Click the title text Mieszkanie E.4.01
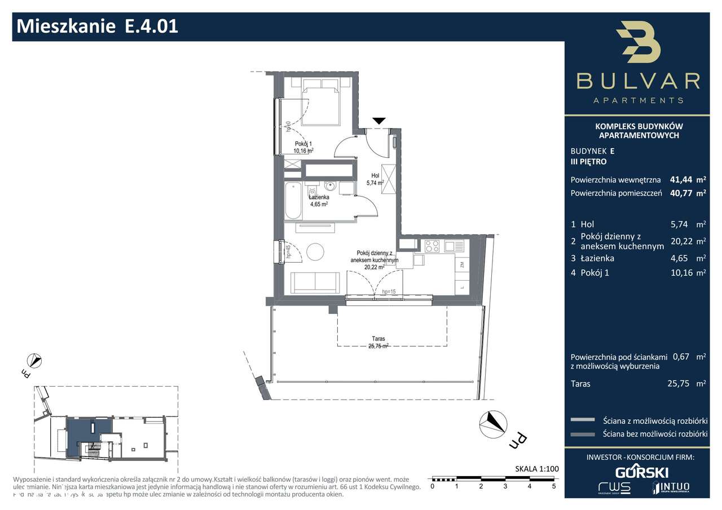coord(98,26)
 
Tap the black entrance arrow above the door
coord(379,121)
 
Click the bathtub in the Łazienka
coord(293,201)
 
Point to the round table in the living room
coord(314,251)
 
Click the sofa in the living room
coord(315,282)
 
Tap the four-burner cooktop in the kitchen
coord(432,246)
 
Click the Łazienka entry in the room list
coord(593,258)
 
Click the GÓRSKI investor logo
coord(641,472)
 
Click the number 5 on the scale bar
coord(554,486)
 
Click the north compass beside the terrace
coord(490,423)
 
